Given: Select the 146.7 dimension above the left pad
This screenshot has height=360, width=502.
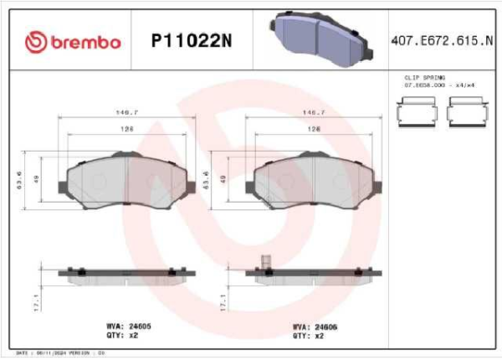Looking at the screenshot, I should coord(125,111).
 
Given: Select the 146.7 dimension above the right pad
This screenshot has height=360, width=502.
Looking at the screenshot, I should coord(313,111).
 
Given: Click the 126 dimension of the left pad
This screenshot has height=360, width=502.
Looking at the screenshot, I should coord(125,130).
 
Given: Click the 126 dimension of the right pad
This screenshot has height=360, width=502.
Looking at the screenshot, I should coord(313,130).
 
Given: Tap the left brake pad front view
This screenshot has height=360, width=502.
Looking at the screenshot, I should coord(125,178).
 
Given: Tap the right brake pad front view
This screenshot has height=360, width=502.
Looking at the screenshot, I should coord(313,178).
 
